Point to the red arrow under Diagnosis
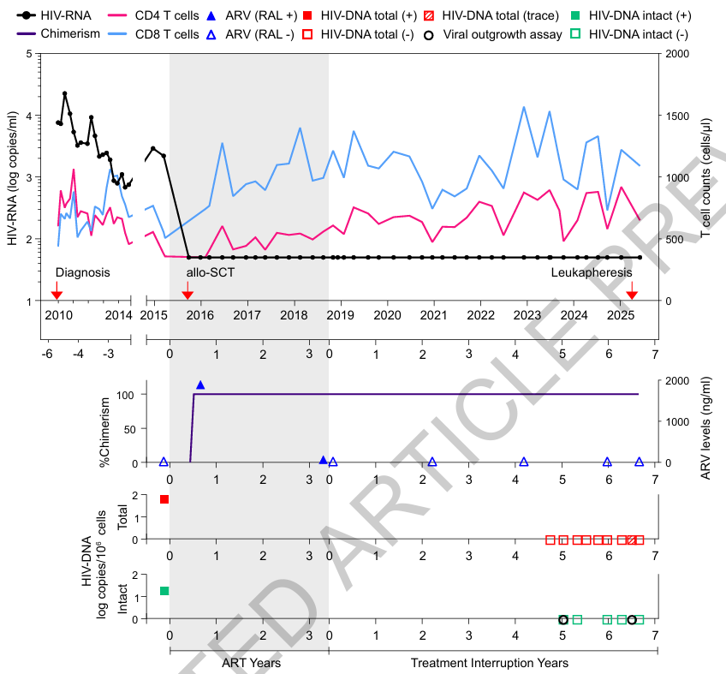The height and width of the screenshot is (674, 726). tap(57, 295)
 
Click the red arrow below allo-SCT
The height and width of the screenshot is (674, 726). tap(187, 295)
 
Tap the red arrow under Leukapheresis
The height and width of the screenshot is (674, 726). tap(632, 295)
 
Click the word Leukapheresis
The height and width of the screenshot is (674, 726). tap(591, 272)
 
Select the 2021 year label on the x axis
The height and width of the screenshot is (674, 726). tap(434, 316)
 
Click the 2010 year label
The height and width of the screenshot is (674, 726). tap(58, 316)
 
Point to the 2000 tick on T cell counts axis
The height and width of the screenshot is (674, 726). tap(673, 54)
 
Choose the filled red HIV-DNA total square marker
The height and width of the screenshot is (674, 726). tap(164, 499)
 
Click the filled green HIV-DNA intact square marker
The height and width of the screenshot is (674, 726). tap(164, 591)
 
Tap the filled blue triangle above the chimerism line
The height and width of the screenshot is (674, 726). tap(200, 385)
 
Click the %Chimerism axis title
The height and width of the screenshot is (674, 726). tap(106, 431)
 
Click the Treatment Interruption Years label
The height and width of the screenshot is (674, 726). tap(489, 663)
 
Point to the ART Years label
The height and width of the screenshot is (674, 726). tap(251, 663)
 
